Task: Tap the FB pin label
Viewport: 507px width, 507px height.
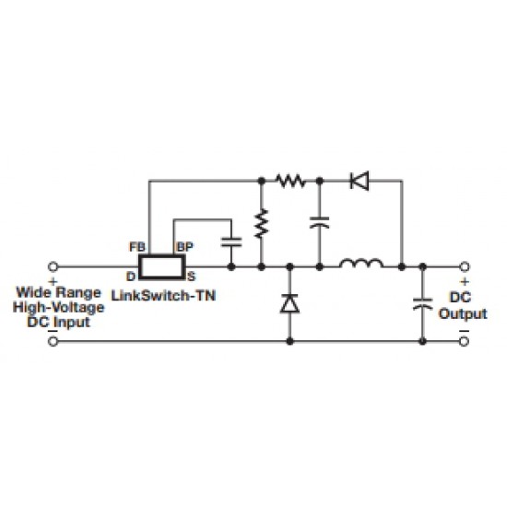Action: [x=137, y=247]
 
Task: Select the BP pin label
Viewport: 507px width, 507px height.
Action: [x=185, y=247]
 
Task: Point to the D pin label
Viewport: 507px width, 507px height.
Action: [x=131, y=277]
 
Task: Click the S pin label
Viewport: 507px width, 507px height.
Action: [x=192, y=277]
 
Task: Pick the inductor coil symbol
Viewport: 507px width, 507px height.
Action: [x=361, y=264]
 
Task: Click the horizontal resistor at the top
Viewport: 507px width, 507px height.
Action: [x=290, y=181]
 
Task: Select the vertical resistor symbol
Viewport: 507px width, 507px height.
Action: [x=262, y=223]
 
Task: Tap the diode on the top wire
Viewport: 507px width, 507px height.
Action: [x=360, y=181]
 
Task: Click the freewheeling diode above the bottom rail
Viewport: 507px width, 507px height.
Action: [x=289, y=303]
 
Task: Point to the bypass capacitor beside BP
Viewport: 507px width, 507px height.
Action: [x=231, y=242]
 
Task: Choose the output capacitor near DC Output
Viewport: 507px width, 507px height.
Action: [x=422, y=304]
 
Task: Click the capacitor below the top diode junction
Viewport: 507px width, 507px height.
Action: [x=320, y=222]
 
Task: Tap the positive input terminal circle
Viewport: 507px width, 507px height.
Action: [x=53, y=266]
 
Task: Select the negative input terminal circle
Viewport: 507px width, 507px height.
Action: [x=53, y=341]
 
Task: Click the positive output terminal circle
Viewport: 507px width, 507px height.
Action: [x=465, y=266]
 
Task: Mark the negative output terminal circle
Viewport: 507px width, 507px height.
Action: [x=465, y=341]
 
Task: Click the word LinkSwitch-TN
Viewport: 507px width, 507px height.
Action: [x=163, y=296]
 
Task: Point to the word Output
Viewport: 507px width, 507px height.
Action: [x=463, y=313]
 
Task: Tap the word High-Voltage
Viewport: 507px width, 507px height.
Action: [x=58, y=308]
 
